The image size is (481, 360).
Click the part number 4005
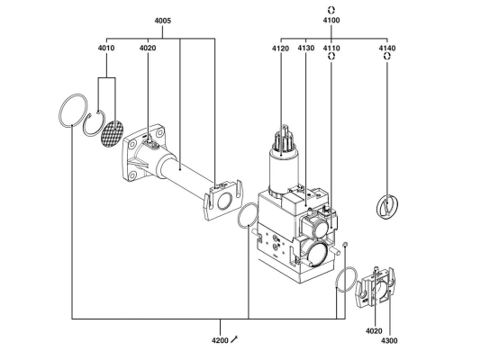162,21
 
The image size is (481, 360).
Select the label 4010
106,48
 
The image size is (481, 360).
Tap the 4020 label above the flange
148,48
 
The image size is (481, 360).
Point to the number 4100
331,20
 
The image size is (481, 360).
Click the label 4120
280,49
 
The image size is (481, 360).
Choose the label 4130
306,48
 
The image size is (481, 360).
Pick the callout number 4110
331,48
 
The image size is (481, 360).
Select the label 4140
387,48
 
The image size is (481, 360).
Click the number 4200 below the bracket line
220,340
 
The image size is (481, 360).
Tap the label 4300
389,340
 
